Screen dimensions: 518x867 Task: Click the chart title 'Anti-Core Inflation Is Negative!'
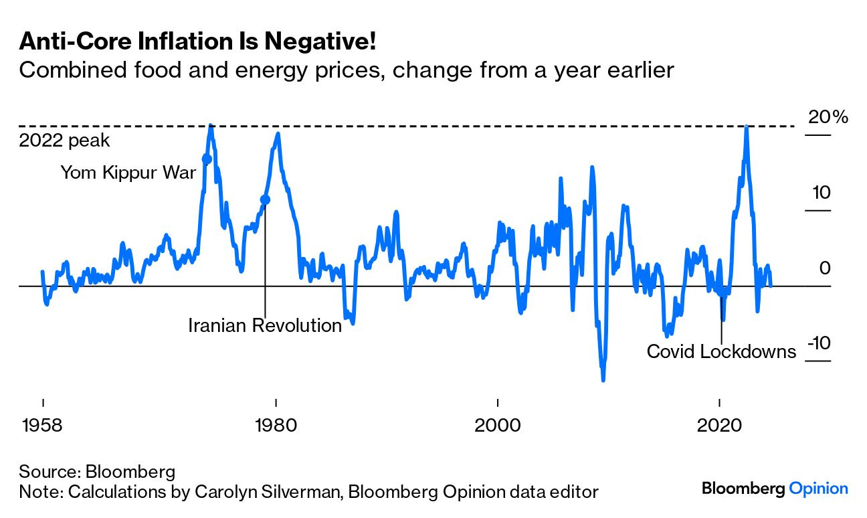point(197,42)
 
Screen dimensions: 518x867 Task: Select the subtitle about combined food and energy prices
point(346,70)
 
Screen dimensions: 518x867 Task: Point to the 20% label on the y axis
point(828,117)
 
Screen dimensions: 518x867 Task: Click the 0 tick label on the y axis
point(825,268)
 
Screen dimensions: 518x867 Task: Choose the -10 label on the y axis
point(818,343)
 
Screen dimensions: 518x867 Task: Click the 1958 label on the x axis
point(43,426)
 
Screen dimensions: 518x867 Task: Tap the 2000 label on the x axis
point(497,426)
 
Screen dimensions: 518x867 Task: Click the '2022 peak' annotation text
point(64,141)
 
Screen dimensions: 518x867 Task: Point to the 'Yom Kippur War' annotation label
point(128,173)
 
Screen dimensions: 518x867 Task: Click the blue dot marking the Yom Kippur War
point(206,159)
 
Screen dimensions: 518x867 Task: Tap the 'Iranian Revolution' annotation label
point(265,326)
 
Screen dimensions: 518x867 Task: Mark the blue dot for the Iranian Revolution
point(265,199)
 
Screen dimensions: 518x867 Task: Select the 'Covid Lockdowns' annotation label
point(721,351)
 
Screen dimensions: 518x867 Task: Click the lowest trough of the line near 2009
point(603,379)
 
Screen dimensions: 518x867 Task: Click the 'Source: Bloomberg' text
point(97,471)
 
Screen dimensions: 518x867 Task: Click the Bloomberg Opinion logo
point(775,489)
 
